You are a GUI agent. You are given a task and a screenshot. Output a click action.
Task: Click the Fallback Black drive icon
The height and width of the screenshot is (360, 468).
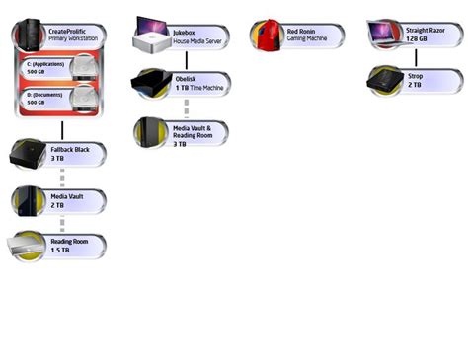[x=27, y=153]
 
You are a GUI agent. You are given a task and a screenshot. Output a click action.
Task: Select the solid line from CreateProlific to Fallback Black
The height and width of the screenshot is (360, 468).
[x=62, y=128]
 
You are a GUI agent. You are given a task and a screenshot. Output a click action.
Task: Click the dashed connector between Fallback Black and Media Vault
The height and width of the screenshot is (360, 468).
[x=62, y=178]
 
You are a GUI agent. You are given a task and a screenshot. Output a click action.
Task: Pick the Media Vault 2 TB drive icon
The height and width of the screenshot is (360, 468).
[x=27, y=200]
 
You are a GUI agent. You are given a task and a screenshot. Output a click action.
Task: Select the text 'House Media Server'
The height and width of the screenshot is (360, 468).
[x=197, y=41]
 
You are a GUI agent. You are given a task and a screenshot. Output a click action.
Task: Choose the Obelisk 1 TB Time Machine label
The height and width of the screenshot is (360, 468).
[x=198, y=83]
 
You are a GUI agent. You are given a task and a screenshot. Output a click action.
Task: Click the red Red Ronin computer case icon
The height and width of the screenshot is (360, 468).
[x=267, y=36]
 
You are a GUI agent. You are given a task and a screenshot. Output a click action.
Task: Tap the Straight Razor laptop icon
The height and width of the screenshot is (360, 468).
[x=383, y=35]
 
